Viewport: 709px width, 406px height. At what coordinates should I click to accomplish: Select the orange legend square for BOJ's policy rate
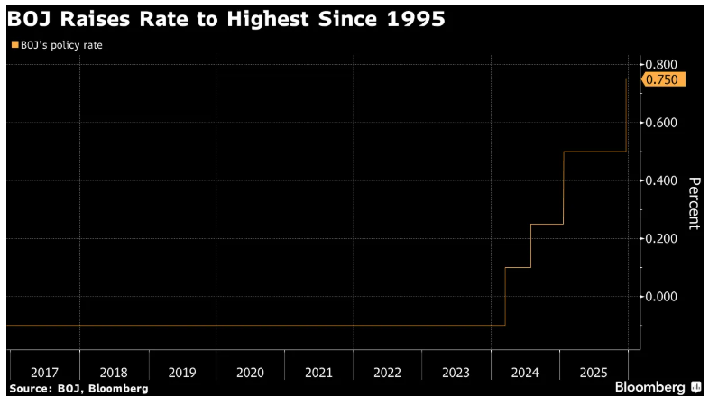(14, 44)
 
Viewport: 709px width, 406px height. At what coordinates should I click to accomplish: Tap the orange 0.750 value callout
(665, 79)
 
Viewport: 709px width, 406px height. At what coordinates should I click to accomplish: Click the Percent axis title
(694, 203)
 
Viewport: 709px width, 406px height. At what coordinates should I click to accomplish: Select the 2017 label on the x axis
(45, 372)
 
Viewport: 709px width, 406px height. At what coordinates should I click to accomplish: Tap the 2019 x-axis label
(181, 372)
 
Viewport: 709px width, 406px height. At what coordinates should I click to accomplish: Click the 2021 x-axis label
(318, 372)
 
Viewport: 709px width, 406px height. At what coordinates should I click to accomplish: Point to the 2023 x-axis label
(456, 372)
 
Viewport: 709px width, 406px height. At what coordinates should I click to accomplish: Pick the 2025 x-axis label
(593, 372)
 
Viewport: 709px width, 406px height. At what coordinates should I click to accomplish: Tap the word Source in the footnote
(30, 388)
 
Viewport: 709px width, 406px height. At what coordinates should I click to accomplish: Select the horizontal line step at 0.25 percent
(547, 224)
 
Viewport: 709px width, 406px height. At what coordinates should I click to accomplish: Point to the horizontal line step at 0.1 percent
(518, 267)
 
